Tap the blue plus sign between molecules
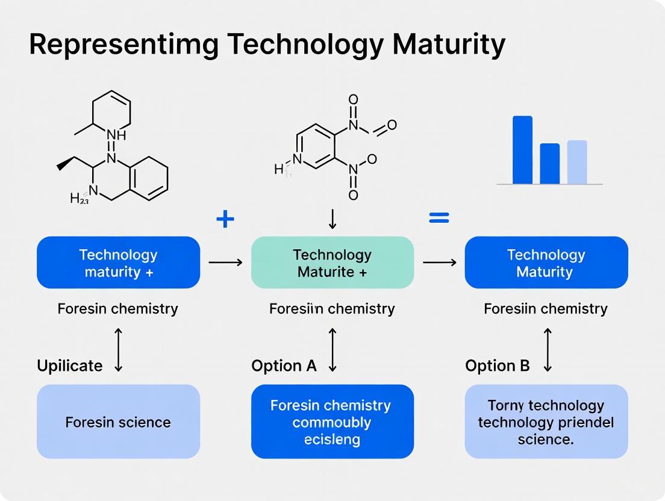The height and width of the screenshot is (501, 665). [x=225, y=219]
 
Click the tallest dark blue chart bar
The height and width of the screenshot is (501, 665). [x=522, y=150]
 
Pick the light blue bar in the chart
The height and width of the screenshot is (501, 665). [x=576, y=162]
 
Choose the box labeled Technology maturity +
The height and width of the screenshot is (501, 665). [x=118, y=263]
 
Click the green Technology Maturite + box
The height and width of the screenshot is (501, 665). [x=332, y=263]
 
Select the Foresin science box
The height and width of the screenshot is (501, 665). [x=118, y=422]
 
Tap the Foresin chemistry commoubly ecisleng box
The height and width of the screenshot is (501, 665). [x=332, y=422]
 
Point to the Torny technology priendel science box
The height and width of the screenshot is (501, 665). [x=546, y=422]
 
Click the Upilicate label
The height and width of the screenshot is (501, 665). [x=70, y=366]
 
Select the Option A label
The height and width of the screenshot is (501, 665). [x=284, y=366]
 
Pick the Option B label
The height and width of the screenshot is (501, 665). [x=498, y=366]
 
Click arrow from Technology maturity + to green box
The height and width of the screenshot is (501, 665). [x=225, y=263]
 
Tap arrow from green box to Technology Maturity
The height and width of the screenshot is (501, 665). [x=439, y=263]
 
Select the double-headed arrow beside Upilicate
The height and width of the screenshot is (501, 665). [x=118, y=350]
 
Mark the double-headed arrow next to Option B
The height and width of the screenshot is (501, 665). [x=547, y=350]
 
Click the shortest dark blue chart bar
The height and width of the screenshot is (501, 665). [x=549, y=164]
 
